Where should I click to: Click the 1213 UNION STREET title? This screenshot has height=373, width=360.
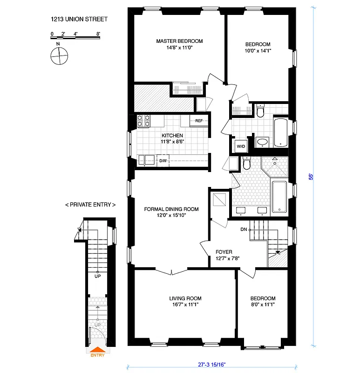point(79,19)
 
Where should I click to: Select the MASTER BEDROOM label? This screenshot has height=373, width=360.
point(179,41)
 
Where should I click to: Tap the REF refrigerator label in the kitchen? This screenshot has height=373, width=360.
point(199,121)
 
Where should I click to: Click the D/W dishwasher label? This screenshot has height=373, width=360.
point(163,161)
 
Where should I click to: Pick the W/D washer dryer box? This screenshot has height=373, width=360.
point(241,146)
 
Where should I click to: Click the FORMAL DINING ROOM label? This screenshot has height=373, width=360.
point(171,209)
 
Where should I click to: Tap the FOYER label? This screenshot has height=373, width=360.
point(224,252)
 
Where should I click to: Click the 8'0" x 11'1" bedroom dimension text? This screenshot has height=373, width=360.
point(263,305)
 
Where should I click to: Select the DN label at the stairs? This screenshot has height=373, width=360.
point(244,229)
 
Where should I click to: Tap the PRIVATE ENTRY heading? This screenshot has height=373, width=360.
point(90,205)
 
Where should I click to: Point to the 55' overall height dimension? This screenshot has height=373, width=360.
point(311,177)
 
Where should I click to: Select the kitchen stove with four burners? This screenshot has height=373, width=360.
point(143,121)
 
